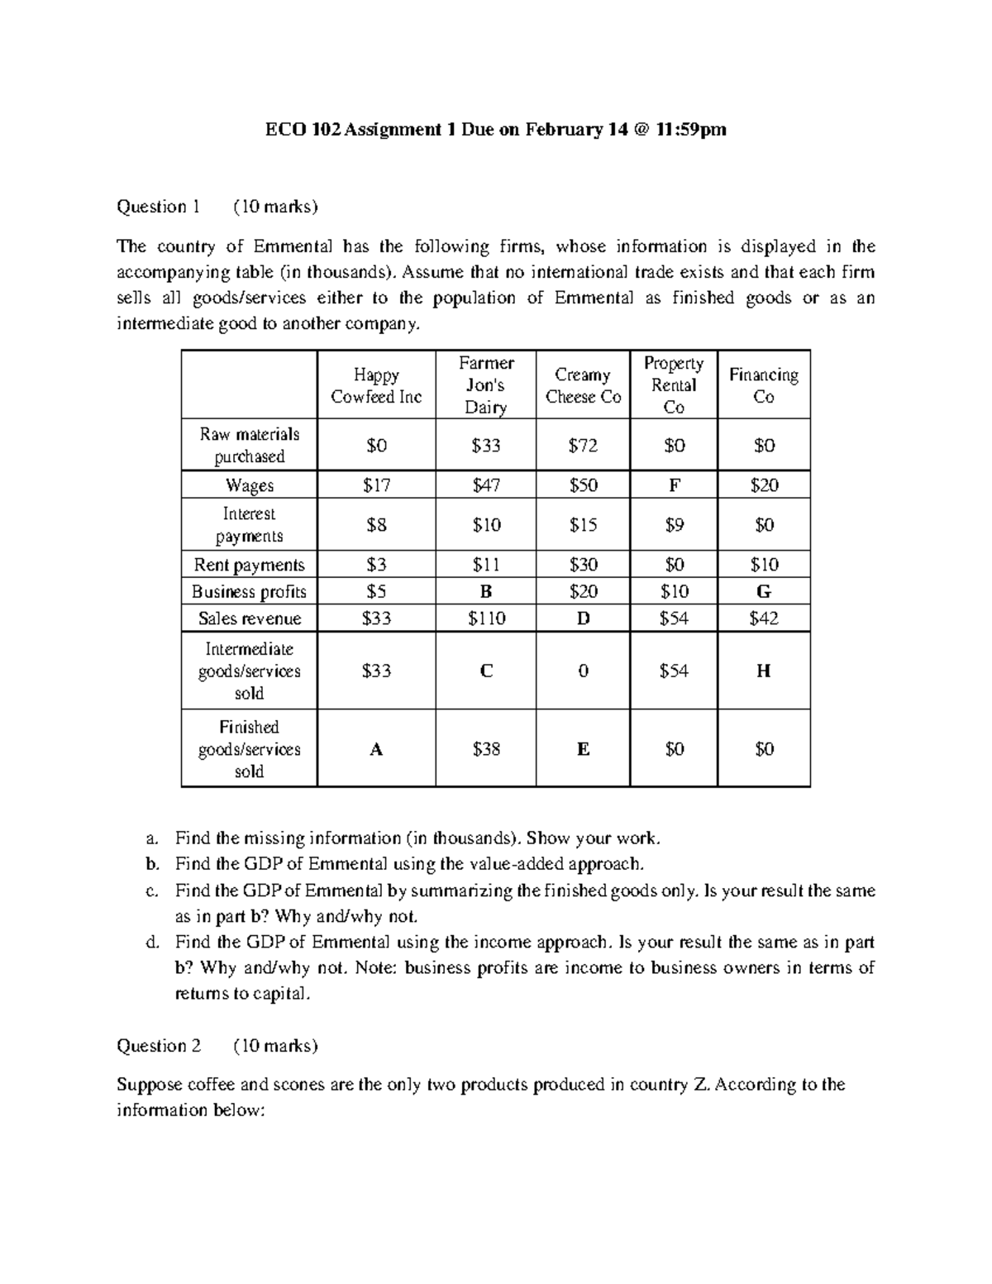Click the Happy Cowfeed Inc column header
click(376, 385)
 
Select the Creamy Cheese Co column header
click(583, 385)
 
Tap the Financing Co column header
click(763, 385)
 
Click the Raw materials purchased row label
click(249, 445)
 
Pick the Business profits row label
click(249, 591)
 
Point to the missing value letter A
click(376, 749)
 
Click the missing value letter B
click(486, 591)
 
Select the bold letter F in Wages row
click(674, 485)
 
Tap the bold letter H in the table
click(763, 671)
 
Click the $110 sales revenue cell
click(486, 618)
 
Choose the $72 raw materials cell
click(583, 446)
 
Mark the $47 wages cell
click(486, 485)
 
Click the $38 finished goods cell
click(486, 749)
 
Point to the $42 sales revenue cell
click(763, 618)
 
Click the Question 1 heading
click(159, 207)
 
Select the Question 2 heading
click(159, 1046)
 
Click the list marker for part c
click(150, 891)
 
